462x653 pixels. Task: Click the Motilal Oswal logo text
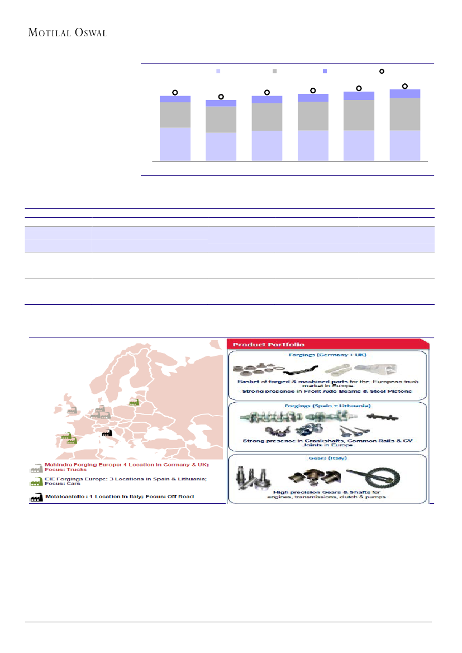click(x=67, y=32)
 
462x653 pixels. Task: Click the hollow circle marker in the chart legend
click(x=382, y=72)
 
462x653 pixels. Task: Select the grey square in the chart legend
click(x=274, y=72)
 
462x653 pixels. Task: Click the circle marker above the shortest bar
click(x=221, y=97)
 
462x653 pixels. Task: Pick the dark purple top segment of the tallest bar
click(x=404, y=93)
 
